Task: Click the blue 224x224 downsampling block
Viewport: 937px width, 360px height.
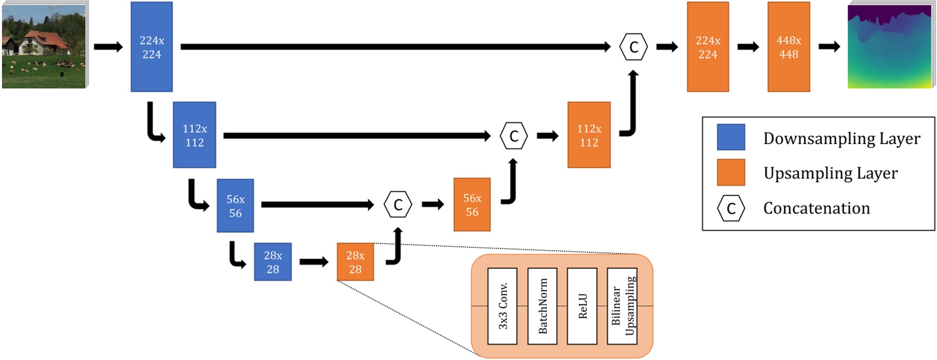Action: [151, 47]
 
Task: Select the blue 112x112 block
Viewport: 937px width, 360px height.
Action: [194, 135]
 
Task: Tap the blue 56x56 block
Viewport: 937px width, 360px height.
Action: [235, 206]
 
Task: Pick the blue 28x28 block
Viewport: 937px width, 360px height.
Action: [272, 262]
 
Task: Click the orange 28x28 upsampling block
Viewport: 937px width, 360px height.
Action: [355, 262]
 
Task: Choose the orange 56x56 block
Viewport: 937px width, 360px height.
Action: [472, 204]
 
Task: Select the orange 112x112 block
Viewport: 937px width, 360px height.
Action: [589, 135]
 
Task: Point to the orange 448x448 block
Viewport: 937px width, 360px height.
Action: [788, 47]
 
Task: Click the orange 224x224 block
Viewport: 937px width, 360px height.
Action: [707, 47]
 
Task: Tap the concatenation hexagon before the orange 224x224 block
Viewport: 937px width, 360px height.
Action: [634, 47]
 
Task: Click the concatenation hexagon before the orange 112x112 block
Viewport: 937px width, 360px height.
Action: [514, 136]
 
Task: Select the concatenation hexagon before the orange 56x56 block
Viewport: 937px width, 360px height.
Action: [398, 205]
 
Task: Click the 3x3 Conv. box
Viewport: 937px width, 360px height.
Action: [502, 306]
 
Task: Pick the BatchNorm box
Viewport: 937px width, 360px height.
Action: [542, 306]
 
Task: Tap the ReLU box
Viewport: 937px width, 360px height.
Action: [582, 306]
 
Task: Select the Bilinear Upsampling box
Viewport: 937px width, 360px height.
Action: [622, 306]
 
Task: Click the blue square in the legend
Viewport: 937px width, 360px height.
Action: [731, 137]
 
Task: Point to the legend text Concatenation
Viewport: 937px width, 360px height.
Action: [816, 208]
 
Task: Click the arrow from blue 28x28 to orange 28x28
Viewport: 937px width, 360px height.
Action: [313, 262]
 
